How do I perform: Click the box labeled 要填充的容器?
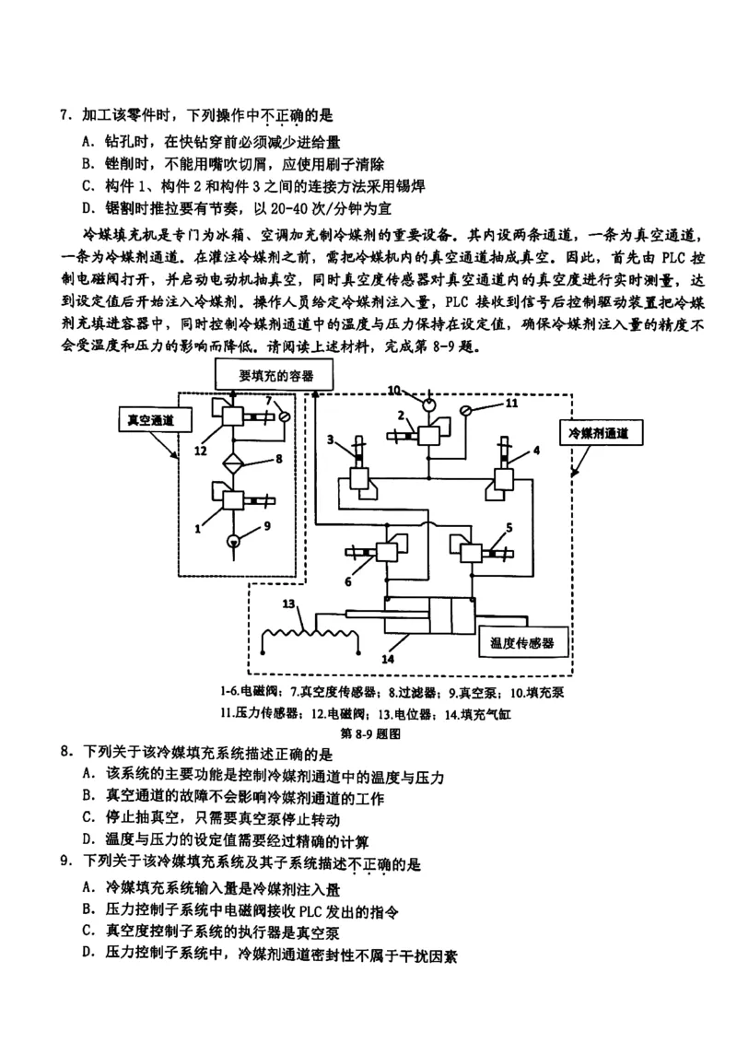275,376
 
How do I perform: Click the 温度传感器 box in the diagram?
522,641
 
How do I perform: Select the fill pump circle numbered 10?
427,402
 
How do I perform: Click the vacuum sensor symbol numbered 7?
285,416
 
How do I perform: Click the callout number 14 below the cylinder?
388,660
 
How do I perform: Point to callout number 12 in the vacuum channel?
201,450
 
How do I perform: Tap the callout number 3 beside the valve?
331,439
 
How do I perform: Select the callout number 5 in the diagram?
508,527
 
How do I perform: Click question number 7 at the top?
65,116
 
